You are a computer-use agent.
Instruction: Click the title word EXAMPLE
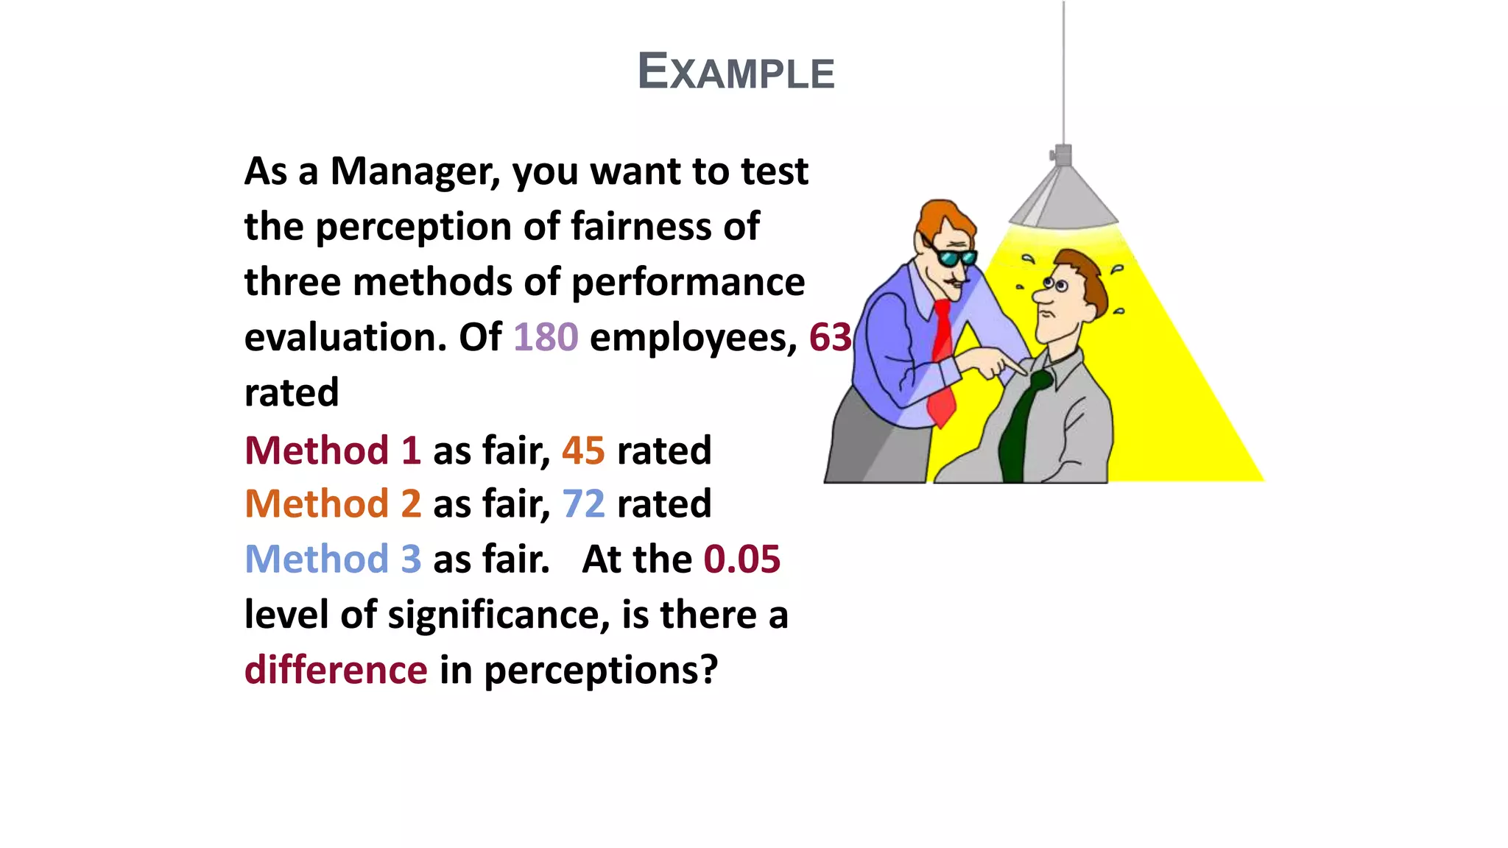click(736, 72)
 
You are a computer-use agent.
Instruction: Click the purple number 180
click(546, 337)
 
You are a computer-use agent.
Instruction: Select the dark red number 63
click(830, 337)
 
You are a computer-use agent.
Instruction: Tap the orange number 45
click(583, 451)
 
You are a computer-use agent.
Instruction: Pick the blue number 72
click(583, 504)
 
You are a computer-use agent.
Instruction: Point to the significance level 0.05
click(741, 559)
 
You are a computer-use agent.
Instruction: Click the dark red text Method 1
click(333, 451)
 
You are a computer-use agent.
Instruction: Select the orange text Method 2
click(333, 504)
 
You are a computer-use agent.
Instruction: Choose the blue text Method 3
click(333, 559)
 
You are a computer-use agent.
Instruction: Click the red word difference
click(336, 670)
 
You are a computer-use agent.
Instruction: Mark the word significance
click(498, 615)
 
